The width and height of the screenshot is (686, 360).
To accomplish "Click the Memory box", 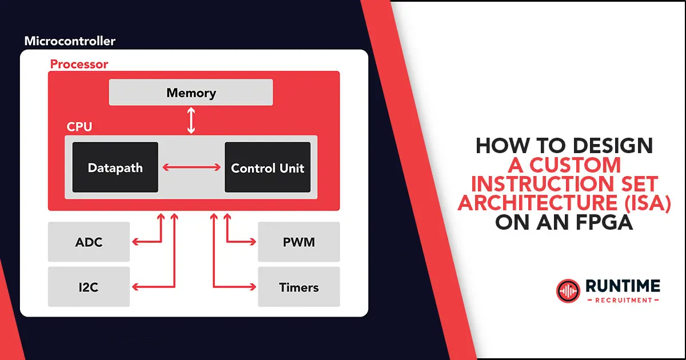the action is click(191, 93).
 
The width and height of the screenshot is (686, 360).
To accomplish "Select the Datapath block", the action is click(115, 167).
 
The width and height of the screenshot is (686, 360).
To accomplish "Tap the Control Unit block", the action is click(268, 167).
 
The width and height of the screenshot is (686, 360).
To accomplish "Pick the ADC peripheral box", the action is click(89, 242).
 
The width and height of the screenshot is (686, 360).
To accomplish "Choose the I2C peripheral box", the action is click(89, 287).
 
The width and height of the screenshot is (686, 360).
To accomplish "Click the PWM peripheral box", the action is click(299, 242).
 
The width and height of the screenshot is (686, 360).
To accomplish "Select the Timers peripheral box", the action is click(299, 287).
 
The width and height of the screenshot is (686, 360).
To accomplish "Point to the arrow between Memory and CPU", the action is click(191, 121).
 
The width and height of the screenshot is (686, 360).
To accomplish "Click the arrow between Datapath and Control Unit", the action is click(192, 167).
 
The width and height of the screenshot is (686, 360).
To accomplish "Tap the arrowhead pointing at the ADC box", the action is click(135, 242).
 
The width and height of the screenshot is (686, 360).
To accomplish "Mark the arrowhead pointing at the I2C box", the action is click(135, 287).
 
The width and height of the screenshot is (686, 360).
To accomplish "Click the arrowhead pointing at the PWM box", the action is click(253, 242).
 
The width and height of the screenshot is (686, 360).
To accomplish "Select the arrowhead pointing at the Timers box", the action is click(253, 287).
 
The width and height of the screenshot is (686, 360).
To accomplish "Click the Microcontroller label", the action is click(70, 41).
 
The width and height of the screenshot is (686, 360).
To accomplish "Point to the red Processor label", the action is click(79, 64).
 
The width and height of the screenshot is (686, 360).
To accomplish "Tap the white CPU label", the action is click(79, 127).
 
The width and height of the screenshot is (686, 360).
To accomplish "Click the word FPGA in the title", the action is click(604, 222).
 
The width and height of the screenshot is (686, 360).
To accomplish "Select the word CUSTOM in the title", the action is click(575, 165).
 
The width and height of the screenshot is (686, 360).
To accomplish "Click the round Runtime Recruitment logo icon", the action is click(568, 291).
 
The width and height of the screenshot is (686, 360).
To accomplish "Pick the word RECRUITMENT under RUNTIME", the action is click(624, 301).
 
